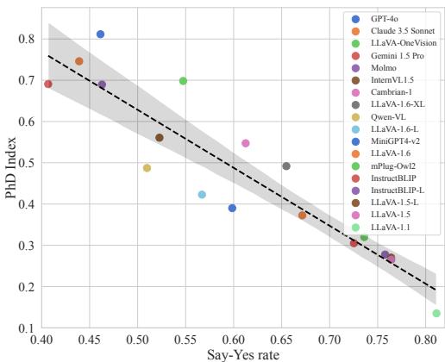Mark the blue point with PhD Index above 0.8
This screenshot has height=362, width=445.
[x=100, y=34]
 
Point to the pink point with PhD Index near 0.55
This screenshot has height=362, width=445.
[x=246, y=143]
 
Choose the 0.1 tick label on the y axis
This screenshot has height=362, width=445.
[x=27, y=328]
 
